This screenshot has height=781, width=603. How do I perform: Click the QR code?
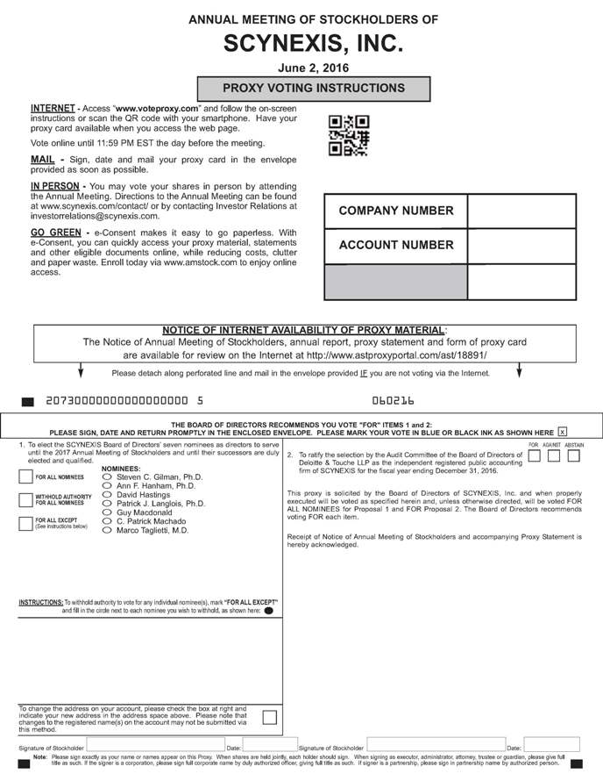(348, 136)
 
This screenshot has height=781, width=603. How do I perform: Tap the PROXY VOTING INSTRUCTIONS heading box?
(314, 89)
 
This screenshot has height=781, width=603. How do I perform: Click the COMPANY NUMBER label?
(396, 211)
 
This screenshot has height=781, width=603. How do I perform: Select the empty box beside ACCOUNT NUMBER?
(521, 245)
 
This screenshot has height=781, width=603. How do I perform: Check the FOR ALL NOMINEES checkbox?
(26, 477)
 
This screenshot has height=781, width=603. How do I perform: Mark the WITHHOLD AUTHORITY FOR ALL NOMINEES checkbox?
(26, 500)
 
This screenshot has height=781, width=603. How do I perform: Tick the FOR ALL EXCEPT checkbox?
(26, 523)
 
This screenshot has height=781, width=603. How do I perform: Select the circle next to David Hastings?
(108, 495)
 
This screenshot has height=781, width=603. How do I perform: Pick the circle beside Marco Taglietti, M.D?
(108, 530)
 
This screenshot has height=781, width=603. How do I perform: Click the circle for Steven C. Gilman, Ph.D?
(108, 477)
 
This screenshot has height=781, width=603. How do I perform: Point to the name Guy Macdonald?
(145, 513)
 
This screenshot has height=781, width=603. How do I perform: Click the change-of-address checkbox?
(269, 717)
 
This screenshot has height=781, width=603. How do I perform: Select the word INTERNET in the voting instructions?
(52, 108)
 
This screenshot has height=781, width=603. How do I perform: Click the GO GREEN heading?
(55, 233)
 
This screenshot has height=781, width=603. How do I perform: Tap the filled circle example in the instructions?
(268, 610)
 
